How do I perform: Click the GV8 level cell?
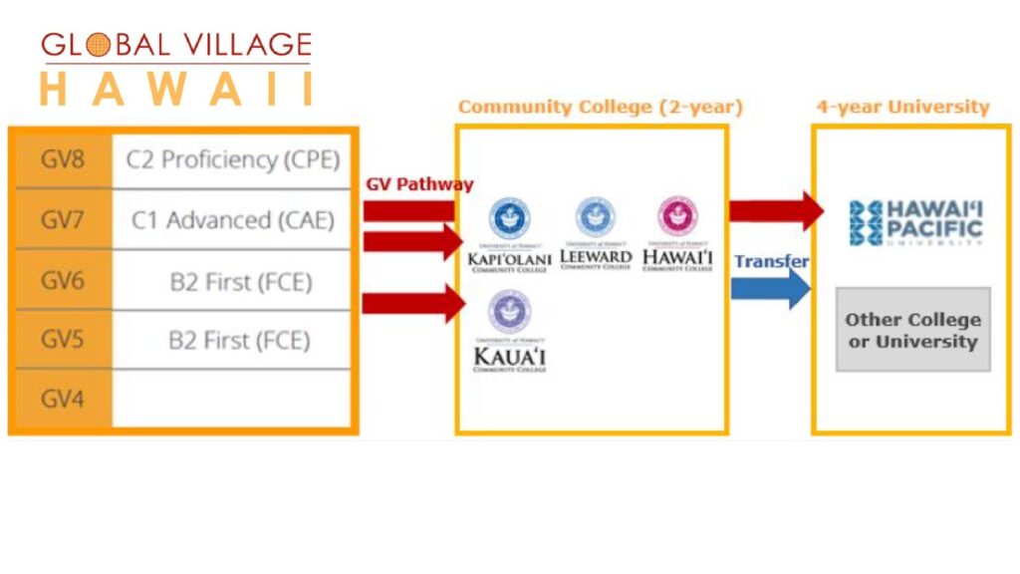click(61, 158)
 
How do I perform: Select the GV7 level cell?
click(61, 219)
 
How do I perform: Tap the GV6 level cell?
click(61, 280)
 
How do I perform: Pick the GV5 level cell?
click(61, 340)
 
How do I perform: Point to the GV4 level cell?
click(61, 400)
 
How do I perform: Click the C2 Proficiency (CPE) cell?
click(232, 158)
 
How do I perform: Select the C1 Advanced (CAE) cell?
click(232, 219)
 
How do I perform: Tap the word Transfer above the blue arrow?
click(771, 261)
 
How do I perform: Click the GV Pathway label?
click(419, 184)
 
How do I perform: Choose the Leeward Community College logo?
click(596, 235)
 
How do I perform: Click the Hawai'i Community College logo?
click(677, 235)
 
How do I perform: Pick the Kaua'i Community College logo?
click(509, 332)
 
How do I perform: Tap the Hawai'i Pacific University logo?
click(915, 222)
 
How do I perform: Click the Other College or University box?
click(912, 330)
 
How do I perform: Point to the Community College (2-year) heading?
click(600, 107)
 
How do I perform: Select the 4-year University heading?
click(902, 107)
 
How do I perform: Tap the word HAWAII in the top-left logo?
click(176, 89)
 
